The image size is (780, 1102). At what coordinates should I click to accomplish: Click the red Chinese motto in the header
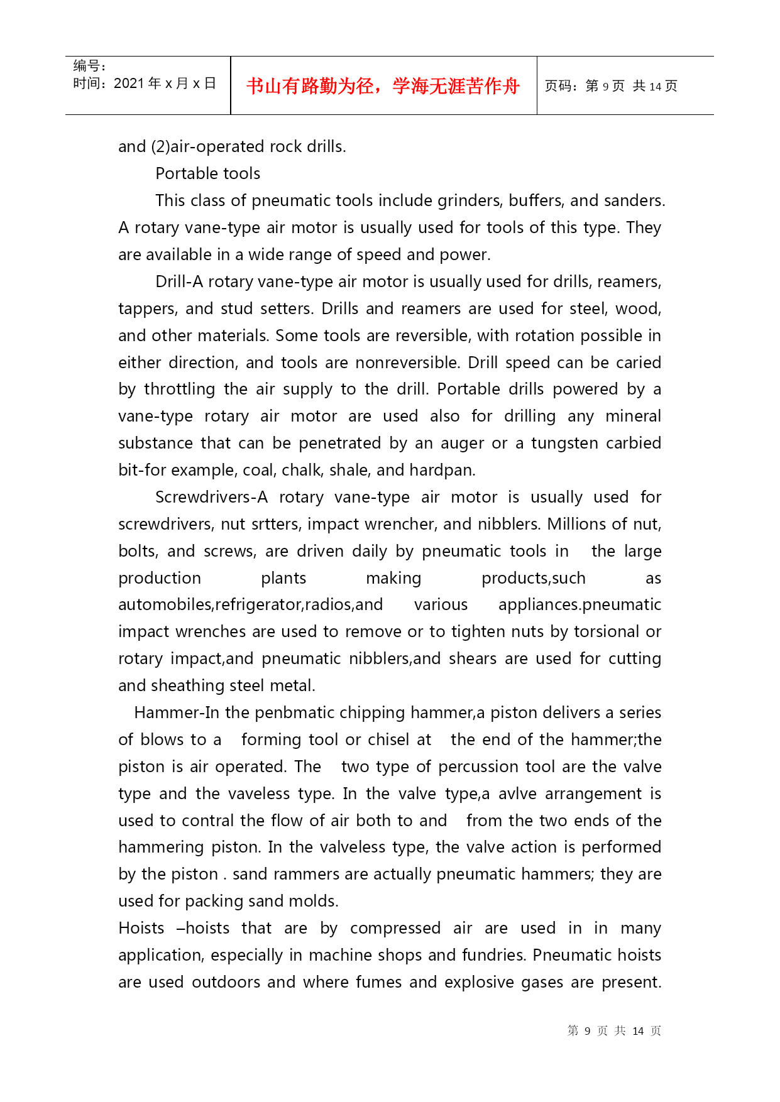(x=383, y=86)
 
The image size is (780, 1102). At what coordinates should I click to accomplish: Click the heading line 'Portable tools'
(x=207, y=173)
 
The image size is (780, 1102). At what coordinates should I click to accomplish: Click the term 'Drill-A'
(x=179, y=281)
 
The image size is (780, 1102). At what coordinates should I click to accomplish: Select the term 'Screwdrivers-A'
(x=211, y=497)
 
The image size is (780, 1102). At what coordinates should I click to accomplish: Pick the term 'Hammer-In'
(x=168, y=712)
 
